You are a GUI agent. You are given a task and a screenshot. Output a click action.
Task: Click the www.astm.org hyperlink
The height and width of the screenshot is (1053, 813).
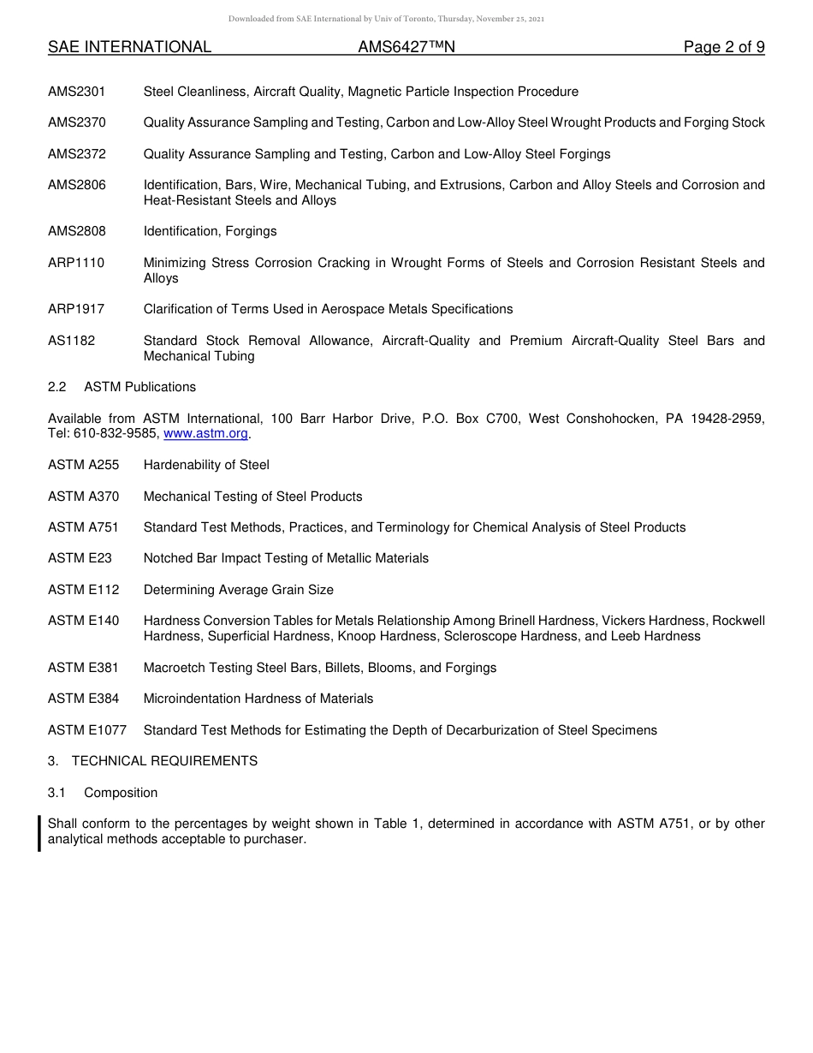[x=205, y=434]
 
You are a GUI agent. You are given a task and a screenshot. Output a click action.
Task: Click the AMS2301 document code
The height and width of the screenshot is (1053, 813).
[x=77, y=92]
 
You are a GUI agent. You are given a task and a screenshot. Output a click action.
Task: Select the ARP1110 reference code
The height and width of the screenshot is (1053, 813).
[x=76, y=263]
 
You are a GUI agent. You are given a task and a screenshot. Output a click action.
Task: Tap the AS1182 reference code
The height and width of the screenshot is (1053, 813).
[x=72, y=341]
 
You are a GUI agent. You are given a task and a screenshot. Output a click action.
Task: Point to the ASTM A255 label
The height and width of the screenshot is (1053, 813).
[x=84, y=465]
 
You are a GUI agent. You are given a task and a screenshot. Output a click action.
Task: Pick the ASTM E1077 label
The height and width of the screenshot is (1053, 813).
[x=87, y=730]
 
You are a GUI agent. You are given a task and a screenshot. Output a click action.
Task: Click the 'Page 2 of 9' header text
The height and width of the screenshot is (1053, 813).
[x=723, y=48]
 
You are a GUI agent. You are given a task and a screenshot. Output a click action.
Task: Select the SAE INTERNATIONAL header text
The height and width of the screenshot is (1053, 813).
[x=129, y=48]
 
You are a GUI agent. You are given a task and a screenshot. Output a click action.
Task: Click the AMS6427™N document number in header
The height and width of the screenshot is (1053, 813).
[x=406, y=48]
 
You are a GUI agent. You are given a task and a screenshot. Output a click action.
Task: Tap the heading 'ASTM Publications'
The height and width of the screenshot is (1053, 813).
[x=139, y=387]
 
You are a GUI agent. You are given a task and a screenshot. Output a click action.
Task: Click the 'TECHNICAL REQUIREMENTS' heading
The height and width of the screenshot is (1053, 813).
[x=164, y=761]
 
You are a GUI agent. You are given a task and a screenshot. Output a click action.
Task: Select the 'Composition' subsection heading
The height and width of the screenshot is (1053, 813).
[x=121, y=793]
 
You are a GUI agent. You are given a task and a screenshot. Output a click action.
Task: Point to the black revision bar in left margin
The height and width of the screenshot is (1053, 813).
[x=39, y=832]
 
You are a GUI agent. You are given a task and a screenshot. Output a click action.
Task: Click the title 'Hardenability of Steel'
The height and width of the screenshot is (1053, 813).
[x=206, y=465]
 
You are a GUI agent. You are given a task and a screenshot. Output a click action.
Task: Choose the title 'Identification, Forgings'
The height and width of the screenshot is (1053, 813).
[x=210, y=231]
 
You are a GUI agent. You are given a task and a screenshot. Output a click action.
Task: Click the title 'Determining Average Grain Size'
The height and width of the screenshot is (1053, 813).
[x=239, y=590]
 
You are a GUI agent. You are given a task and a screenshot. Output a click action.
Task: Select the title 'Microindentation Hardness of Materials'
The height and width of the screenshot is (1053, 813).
[x=258, y=699]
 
